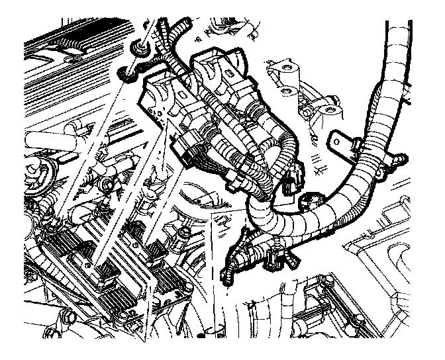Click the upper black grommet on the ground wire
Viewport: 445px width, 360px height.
pyautogui.click(x=140, y=48)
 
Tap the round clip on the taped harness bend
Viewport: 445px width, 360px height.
pyautogui.click(x=311, y=201)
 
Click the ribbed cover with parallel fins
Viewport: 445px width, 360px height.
pyautogui.click(x=73, y=40)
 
